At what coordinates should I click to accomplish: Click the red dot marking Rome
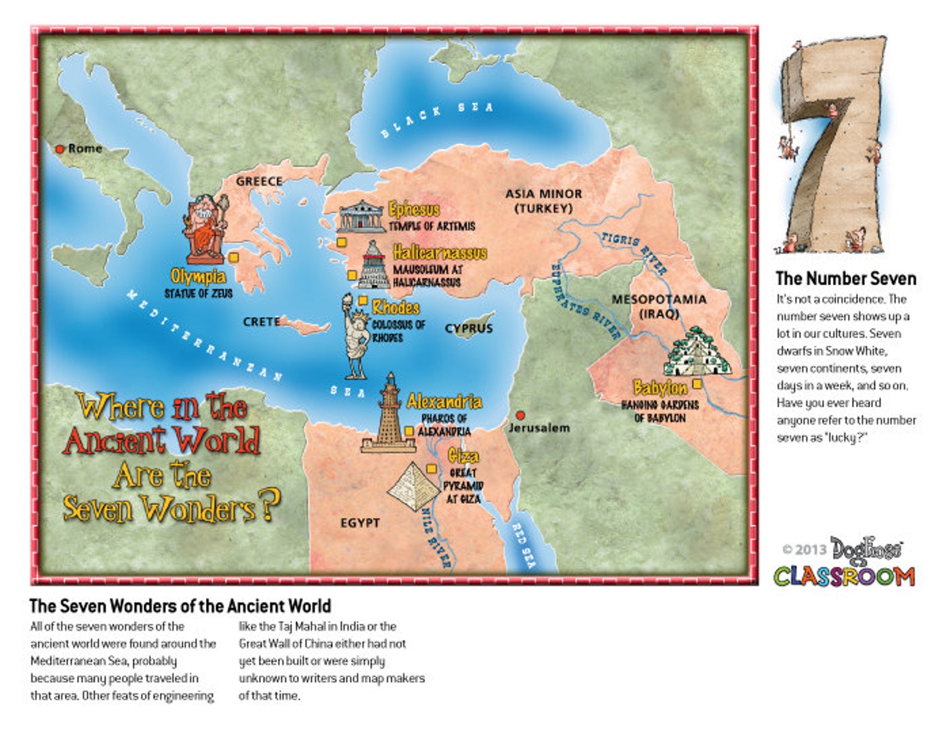point(60,149)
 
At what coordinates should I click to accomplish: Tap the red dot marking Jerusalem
point(520,415)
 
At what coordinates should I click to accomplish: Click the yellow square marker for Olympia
point(234,257)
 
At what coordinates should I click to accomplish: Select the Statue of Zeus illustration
point(205,230)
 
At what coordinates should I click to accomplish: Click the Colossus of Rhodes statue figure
point(356,338)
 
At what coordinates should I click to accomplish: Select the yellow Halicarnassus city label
point(440,252)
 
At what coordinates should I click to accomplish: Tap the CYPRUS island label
point(469,328)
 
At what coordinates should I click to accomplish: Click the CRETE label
point(261,322)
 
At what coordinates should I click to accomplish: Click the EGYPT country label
point(360,523)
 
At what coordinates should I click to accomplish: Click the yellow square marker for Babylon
point(697,383)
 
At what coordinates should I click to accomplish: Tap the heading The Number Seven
point(845,279)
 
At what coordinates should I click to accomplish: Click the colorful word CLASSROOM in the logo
point(844,577)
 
